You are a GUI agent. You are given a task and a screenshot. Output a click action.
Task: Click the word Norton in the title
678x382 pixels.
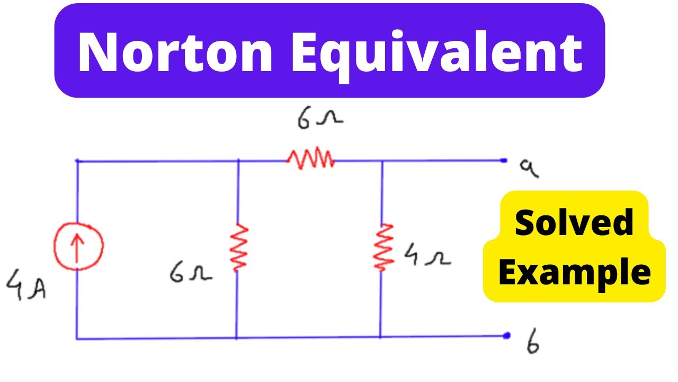tap(175, 51)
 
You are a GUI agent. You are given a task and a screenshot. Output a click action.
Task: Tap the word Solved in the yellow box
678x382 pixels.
tap(574, 223)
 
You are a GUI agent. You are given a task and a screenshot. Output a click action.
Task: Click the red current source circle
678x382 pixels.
tap(79, 246)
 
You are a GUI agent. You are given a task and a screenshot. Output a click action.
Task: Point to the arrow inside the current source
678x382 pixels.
tap(77, 248)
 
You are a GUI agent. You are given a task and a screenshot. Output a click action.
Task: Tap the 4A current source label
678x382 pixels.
tap(26, 284)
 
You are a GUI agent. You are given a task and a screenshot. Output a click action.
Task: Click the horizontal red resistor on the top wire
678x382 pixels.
tap(310, 158)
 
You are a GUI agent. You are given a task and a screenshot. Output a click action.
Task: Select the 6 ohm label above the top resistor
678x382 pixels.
tap(320, 118)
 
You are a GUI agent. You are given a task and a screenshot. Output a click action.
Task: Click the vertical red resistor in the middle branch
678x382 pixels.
tap(239, 247)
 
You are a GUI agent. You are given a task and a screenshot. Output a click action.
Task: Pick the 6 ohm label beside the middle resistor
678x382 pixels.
tap(191, 272)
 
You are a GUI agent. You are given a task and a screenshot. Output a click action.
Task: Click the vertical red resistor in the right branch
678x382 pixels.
tap(383, 247)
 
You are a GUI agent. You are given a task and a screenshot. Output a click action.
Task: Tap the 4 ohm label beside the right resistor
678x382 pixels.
tap(427, 255)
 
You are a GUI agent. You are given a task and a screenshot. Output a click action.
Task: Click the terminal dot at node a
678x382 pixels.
tap(504, 160)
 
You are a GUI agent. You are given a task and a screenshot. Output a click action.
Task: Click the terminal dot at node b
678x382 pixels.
tap(507, 335)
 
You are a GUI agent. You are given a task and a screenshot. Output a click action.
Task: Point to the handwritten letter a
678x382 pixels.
tap(529, 169)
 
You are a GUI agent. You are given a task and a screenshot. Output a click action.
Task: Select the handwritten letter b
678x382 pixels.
tap(533, 341)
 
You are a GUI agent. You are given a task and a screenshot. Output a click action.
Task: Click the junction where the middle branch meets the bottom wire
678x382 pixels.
tap(236, 338)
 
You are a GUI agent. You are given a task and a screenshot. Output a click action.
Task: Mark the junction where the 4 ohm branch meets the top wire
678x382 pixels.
tap(382, 161)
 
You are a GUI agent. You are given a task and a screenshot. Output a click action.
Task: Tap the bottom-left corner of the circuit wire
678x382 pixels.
tap(77, 338)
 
